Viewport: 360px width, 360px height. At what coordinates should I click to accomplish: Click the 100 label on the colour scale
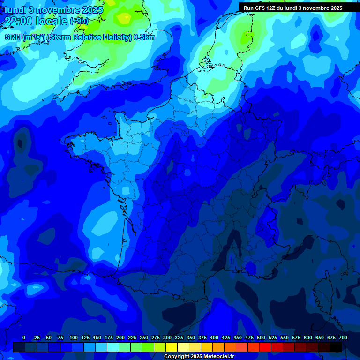click(x=74, y=337)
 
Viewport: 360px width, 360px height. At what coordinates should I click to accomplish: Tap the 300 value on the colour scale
click(x=167, y=337)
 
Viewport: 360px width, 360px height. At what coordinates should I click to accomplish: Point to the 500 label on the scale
click(x=261, y=337)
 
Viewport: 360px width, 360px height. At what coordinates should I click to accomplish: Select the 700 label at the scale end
click(x=343, y=337)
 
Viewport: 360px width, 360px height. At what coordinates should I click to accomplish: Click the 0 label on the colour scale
click(x=24, y=337)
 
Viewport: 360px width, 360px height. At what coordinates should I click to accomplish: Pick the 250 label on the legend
click(x=144, y=337)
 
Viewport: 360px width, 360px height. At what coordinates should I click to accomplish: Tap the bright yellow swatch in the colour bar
click(x=172, y=347)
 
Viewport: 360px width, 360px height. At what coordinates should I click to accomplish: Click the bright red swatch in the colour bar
click(x=265, y=347)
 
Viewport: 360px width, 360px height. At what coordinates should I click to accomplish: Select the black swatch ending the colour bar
click(x=336, y=347)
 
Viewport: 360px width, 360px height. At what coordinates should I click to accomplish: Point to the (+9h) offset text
click(x=79, y=21)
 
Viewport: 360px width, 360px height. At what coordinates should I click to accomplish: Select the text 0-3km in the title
click(x=144, y=37)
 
